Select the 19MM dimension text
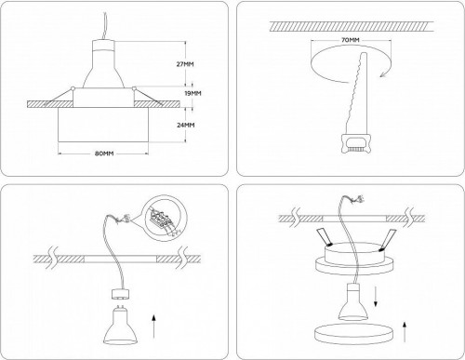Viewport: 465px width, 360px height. [193, 94]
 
